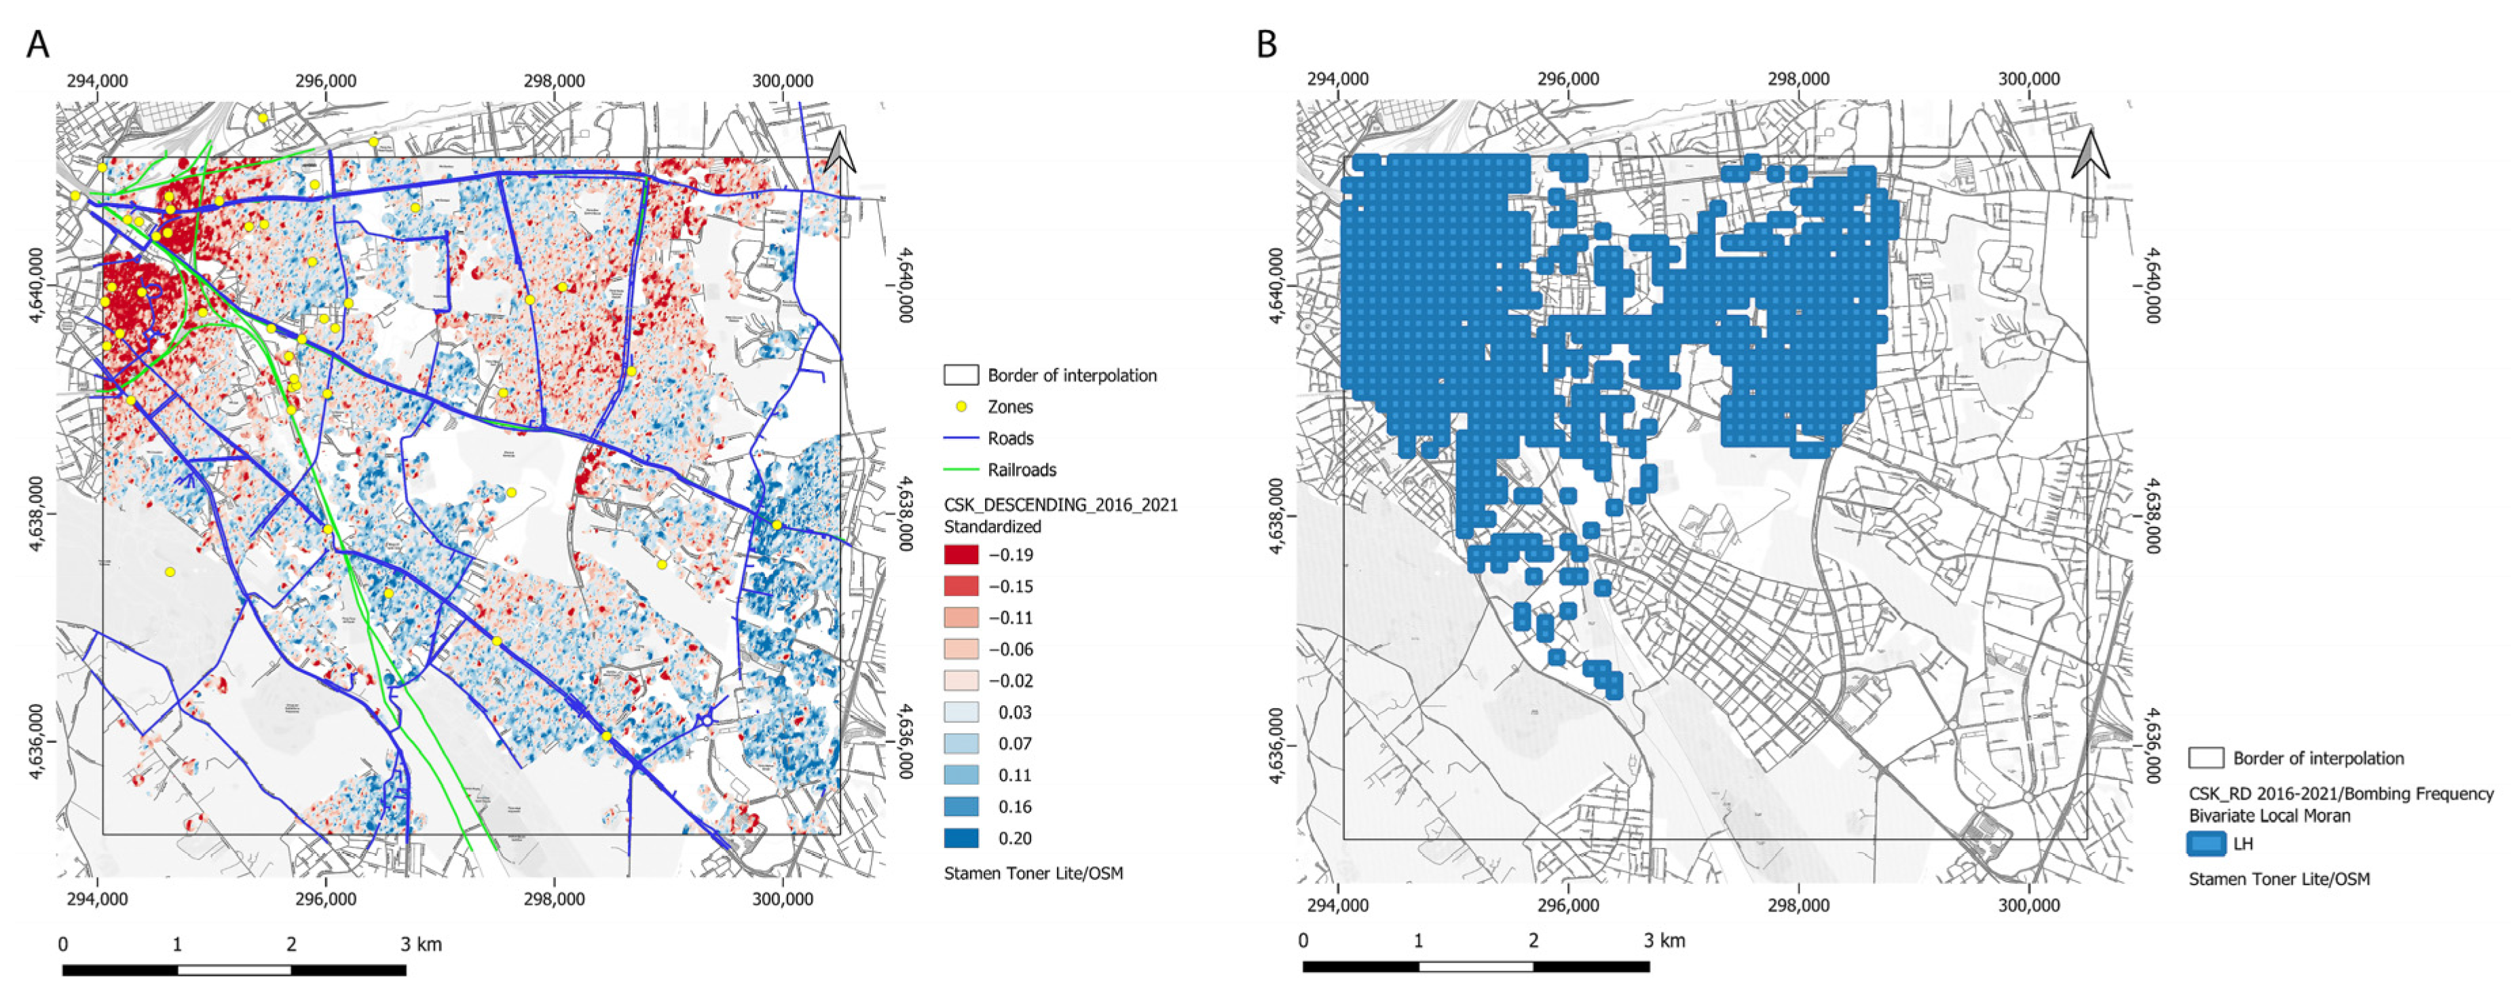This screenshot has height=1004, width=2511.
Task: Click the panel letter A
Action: tap(37, 45)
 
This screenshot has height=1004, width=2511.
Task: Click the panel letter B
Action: tap(1266, 45)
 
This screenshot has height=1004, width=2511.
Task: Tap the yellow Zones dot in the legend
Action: tap(961, 407)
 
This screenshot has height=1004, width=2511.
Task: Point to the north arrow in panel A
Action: tap(840, 153)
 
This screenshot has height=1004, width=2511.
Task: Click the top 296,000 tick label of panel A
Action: tap(326, 81)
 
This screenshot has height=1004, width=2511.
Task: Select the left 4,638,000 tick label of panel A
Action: tap(37, 514)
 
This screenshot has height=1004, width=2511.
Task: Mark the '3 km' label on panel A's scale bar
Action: tap(421, 944)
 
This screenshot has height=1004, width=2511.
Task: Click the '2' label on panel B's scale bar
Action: tap(1533, 942)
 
